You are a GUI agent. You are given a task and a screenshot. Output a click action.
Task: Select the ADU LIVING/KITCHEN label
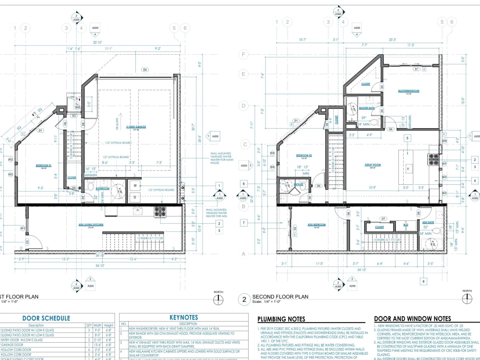pyautogui.click(x=91, y=224)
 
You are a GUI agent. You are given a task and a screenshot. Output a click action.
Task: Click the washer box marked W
pyautogui.click(x=135, y=185)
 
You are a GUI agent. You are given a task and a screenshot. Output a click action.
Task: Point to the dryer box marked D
pyautogui.click(x=135, y=197)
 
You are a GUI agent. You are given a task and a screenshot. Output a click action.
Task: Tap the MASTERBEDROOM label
pyautogui.click(x=408, y=91)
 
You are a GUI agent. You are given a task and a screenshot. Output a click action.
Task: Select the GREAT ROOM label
pyautogui.click(x=372, y=165)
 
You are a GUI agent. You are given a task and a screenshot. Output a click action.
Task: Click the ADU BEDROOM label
pyautogui.click(x=317, y=225)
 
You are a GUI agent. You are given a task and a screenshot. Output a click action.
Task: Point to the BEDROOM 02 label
pyautogui.click(x=304, y=156)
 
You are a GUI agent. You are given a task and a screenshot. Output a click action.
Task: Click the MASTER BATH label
pyautogui.click(x=367, y=108)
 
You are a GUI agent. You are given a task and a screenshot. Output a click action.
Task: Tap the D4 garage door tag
pyautogui.click(x=144, y=70)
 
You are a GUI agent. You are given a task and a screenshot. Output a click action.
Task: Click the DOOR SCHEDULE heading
pyautogui.click(x=46, y=318)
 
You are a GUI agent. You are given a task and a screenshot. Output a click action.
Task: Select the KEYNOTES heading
pyautogui.click(x=184, y=317)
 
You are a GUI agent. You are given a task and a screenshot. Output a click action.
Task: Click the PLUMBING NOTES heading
pyautogui.click(x=281, y=319)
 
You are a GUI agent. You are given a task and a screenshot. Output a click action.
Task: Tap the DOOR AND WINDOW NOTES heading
pyautogui.click(x=412, y=319)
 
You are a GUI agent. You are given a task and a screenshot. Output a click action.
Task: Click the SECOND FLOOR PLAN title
pyautogui.click(x=280, y=297)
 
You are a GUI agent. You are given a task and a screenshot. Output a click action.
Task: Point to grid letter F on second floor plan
pyautogui.click(x=244, y=54)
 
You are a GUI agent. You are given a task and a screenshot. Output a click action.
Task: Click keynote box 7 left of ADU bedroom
pyautogui.click(x=244, y=223)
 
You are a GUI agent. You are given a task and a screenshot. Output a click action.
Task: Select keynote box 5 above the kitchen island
pyautogui.click(x=407, y=138)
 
